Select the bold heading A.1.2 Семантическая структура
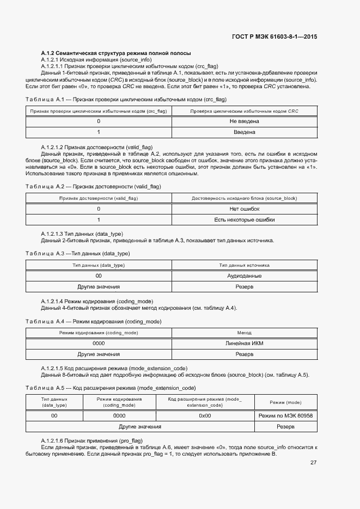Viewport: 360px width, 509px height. point(115,53)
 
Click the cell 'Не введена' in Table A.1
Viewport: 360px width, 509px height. point(244,121)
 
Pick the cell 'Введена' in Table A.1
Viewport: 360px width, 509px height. point(244,132)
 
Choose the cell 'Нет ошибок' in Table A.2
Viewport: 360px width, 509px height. point(244,209)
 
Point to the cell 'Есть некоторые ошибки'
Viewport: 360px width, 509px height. point(244,220)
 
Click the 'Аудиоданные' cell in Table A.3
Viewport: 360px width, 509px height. point(244,276)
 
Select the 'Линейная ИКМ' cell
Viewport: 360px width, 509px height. point(244,344)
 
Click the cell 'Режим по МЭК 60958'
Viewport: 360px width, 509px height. point(286,415)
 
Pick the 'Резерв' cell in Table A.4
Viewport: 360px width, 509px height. point(244,354)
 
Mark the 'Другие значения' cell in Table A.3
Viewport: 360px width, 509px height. point(99,286)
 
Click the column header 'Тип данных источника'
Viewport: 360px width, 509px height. point(244,266)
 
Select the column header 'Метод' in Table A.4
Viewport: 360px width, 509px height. point(244,333)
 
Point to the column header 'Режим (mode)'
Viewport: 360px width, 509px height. point(286,402)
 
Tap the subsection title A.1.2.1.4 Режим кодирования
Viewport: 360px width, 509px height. point(97,302)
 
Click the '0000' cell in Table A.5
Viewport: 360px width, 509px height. point(119,415)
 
